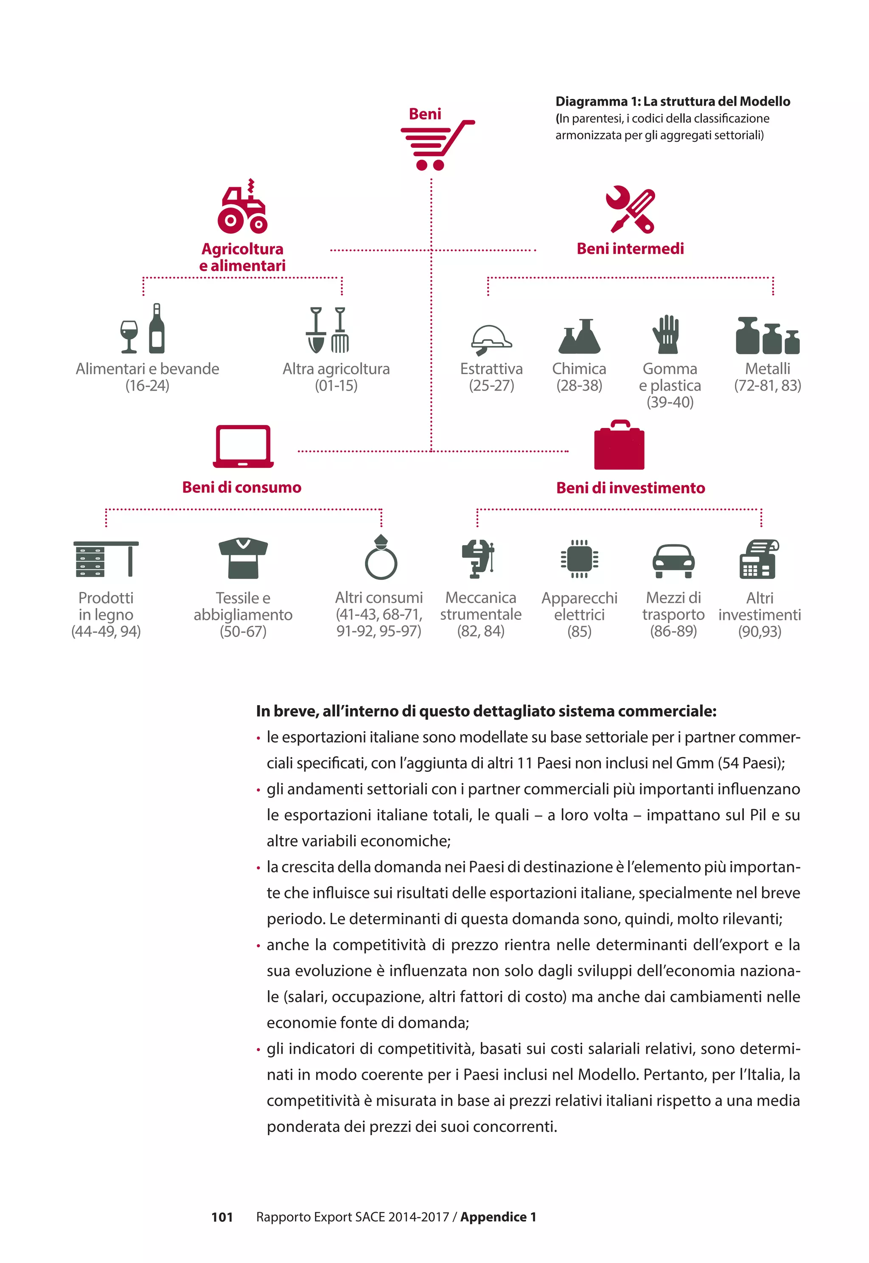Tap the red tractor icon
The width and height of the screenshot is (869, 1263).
tap(242, 208)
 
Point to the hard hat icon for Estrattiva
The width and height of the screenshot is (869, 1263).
tap(491, 340)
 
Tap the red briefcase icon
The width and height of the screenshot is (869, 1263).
tap(619, 445)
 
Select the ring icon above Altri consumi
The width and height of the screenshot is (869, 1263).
tap(381, 558)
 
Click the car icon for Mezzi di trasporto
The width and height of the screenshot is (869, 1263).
tap(673, 560)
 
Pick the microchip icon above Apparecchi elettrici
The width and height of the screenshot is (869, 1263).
tap(579, 558)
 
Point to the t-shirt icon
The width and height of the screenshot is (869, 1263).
tap(243, 558)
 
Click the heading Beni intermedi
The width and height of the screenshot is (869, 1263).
tap(630, 249)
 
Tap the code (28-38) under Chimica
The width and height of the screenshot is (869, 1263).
tap(579, 385)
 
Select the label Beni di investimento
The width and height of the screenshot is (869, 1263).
tap(631, 488)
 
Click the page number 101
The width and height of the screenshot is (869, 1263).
tap(222, 1217)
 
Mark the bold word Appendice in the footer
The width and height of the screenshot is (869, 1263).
tap(493, 1217)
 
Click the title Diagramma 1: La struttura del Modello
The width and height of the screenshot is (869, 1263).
tap(673, 101)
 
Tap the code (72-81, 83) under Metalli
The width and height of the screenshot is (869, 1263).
tap(767, 385)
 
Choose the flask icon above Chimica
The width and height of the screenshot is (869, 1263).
tap(579, 336)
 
